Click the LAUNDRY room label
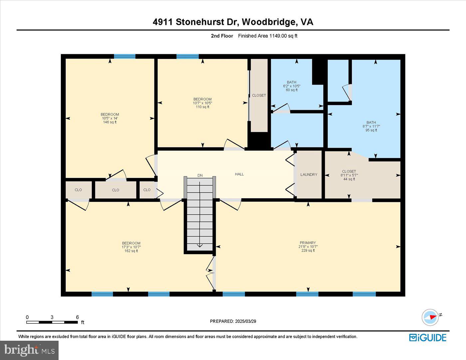point(309,175)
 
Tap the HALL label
point(239,174)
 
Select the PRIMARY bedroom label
point(307,243)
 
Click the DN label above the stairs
point(200,175)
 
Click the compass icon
point(430,317)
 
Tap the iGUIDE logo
point(427,337)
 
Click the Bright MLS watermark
point(29,350)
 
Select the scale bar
point(52,322)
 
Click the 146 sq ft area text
point(110,122)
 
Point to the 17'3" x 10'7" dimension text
point(131,247)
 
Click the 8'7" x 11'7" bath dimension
point(371,126)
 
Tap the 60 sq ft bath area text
point(292,90)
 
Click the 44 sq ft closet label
point(349,179)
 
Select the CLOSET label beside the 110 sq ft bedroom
point(259,95)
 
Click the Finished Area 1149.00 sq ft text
point(268,36)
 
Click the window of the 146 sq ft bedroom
point(124,56)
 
